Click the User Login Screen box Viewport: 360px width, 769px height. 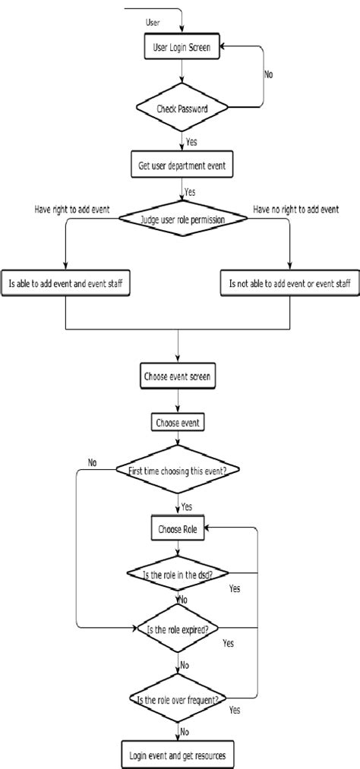(182, 47)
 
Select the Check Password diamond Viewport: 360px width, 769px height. (182, 108)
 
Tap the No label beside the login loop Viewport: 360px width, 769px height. (269, 75)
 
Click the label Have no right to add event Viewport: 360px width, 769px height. (295, 208)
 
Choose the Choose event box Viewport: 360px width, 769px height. (178, 422)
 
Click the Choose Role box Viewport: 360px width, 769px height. (178, 529)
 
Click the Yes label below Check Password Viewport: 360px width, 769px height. (191, 140)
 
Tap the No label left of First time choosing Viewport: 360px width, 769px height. (92, 462)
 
